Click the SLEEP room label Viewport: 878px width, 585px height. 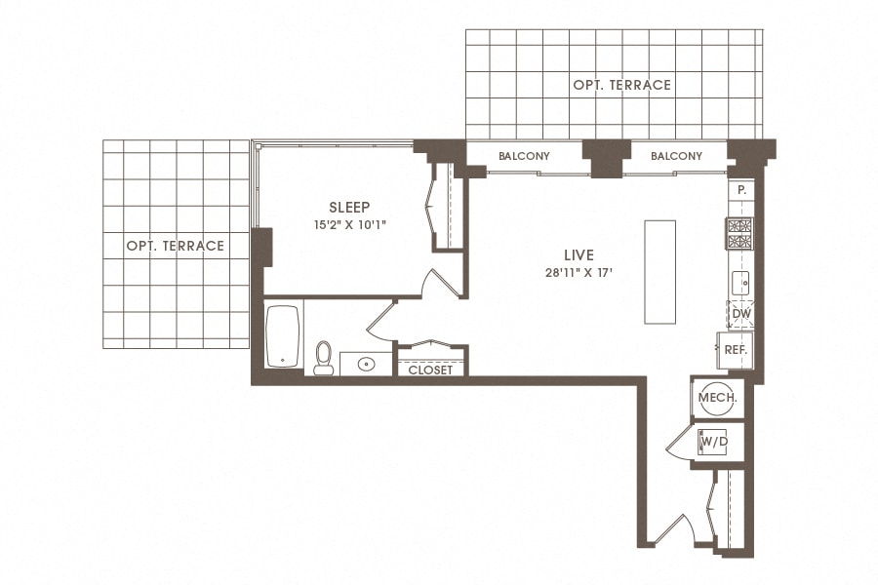[x=349, y=207]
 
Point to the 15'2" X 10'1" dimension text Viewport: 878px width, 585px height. [x=349, y=226]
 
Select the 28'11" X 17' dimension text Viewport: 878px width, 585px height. [x=579, y=273]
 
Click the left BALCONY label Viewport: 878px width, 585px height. [x=524, y=156]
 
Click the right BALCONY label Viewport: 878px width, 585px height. [x=676, y=156]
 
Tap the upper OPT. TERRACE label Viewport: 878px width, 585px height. [x=621, y=85]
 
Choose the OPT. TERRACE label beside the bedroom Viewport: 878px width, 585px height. [x=175, y=246]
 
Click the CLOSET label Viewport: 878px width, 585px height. [x=430, y=370]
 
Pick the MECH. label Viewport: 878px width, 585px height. [x=718, y=398]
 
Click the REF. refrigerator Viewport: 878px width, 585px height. [x=734, y=349]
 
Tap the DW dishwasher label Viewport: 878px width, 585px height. [x=740, y=314]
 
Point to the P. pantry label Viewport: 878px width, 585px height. [x=741, y=190]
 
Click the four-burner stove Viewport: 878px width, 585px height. [x=739, y=233]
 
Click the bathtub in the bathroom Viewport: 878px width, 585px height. [x=283, y=336]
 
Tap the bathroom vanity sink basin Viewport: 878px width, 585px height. [x=367, y=365]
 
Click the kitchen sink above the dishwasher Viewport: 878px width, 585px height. [x=739, y=284]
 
